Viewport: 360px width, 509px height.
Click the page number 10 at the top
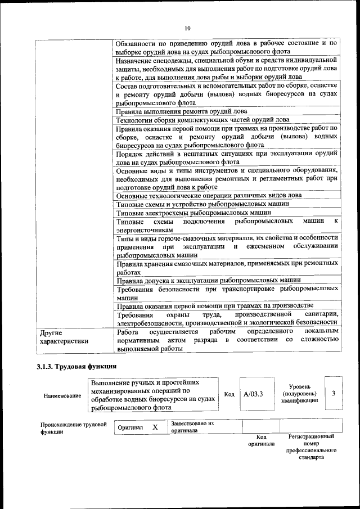coord(187,28)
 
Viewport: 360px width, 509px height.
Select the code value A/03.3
coord(254,394)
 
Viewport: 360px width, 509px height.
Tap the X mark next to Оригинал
coord(155,427)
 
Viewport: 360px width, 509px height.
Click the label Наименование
coord(62,395)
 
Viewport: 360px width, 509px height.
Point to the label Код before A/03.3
coord(229,394)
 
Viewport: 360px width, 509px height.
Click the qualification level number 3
coord(334,393)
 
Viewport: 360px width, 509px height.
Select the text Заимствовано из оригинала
coord(192,427)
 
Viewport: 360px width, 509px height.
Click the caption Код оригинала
coord(261,440)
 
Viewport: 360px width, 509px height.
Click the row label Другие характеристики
coord(61,336)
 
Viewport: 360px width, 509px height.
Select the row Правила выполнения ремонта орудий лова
coord(181,111)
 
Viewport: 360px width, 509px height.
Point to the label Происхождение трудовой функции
coord(73,428)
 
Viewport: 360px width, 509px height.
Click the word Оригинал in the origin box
coord(130,427)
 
